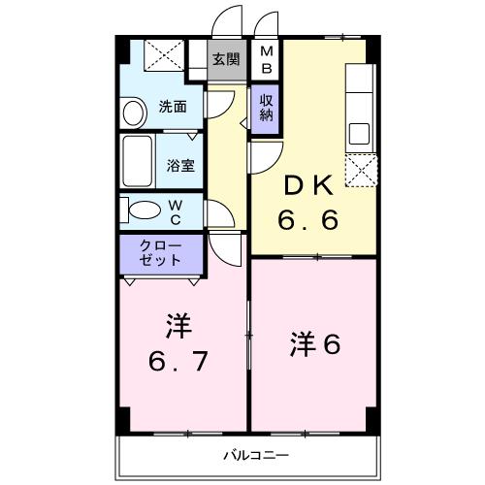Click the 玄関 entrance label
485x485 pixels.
click(225, 58)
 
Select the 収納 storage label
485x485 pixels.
click(265, 107)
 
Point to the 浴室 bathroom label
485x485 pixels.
click(180, 165)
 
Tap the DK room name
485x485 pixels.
click(308, 184)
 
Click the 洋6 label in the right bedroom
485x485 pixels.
click(316, 343)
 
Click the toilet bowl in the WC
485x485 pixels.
click(143, 210)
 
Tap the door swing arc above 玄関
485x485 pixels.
click(228, 21)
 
